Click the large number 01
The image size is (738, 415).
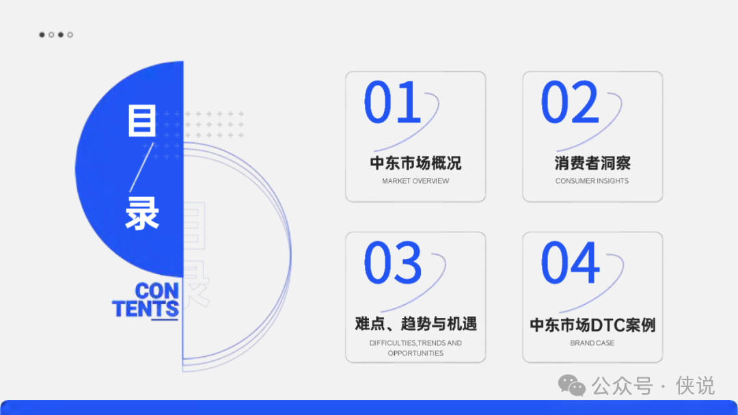(392, 102)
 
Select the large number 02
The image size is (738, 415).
(569, 102)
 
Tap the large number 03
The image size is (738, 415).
(392, 263)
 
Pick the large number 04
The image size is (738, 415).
(571, 263)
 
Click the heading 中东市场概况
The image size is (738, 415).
(415, 163)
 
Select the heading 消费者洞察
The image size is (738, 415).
(592, 163)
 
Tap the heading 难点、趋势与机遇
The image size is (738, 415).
(415, 324)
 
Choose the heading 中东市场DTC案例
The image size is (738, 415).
(592, 325)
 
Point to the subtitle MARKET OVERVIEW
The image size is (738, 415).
(415, 181)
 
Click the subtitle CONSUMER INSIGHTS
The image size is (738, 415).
(592, 181)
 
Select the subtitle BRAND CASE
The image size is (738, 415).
(592, 343)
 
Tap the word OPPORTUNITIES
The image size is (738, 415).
(415, 353)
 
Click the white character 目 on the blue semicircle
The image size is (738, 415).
(142, 120)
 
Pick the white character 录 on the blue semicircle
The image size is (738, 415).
(142, 213)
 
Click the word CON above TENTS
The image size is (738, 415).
(156, 291)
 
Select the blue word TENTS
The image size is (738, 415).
(146, 309)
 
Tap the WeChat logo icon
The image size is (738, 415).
(572, 386)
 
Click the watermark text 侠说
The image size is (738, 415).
(695, 386)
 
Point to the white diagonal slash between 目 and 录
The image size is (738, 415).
(141, 168)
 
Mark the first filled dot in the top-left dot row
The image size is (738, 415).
(42, 34)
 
